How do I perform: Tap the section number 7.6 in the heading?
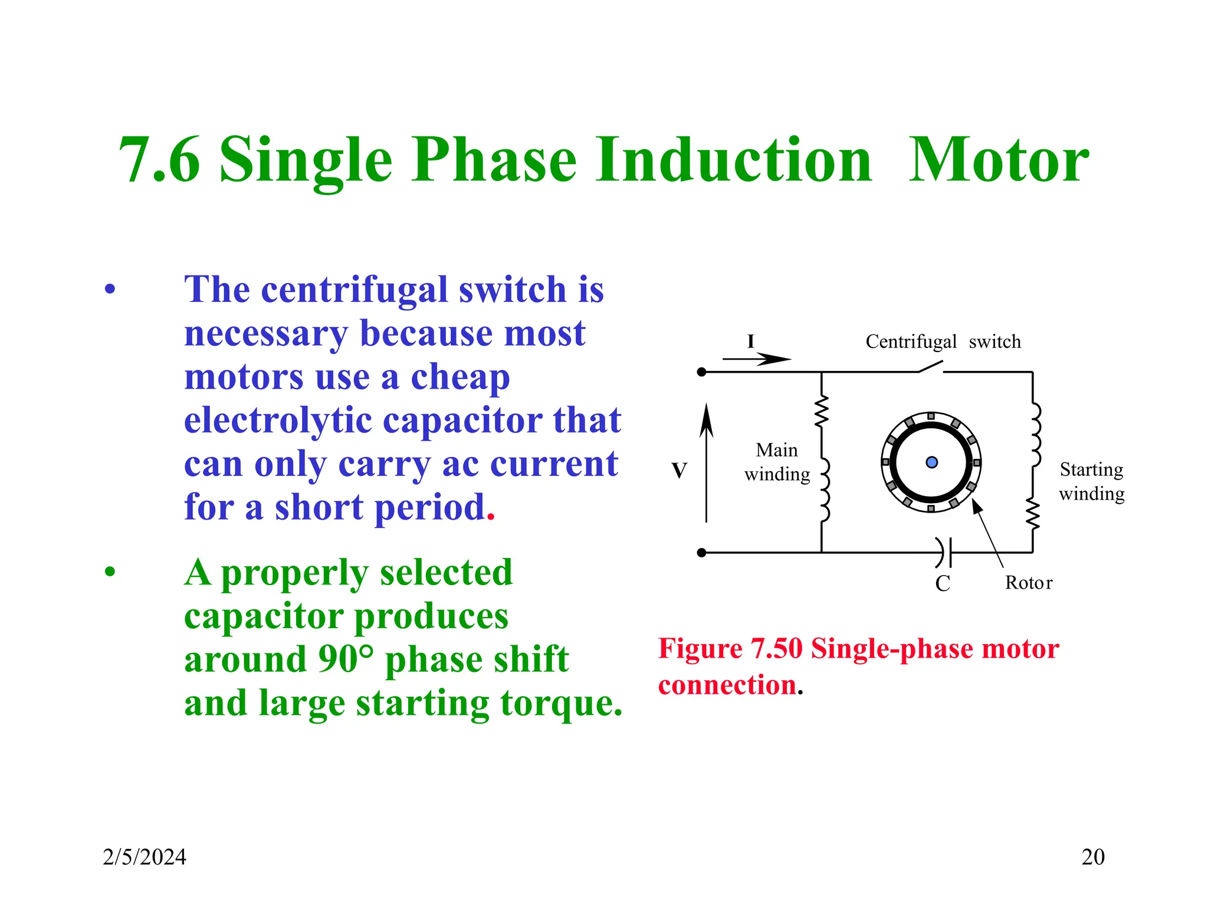pos(159,160)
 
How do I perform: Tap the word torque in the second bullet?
pos(559,703)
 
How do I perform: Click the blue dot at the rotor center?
pos(931,462)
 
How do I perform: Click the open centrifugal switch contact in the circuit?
pos(931,367)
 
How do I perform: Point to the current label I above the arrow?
pos(750,342)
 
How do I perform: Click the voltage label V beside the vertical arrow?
pos(679,471)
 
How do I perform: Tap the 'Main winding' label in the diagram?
pos(777,462)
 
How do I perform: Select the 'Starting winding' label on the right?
pos(1091,481)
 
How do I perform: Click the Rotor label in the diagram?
pos(1028,583)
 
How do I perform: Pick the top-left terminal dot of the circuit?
pos(701,372)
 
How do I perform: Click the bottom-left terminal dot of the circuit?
pos(701,553)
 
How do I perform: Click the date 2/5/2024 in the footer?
pos(145,857)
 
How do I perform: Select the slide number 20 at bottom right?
pos(1092,857)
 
